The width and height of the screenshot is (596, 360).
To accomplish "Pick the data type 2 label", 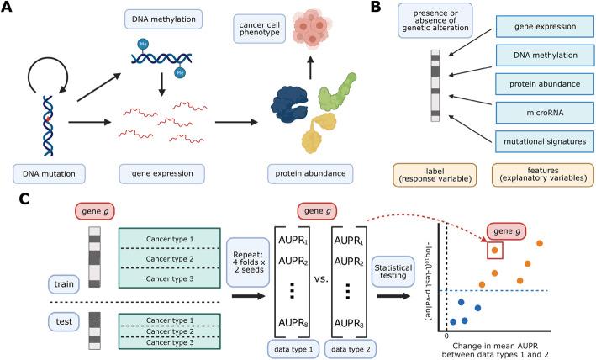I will [x=353, y=347].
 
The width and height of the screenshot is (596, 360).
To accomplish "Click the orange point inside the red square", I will [x=494, y=250].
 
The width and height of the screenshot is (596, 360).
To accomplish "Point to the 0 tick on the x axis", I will [x=447, y=335].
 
